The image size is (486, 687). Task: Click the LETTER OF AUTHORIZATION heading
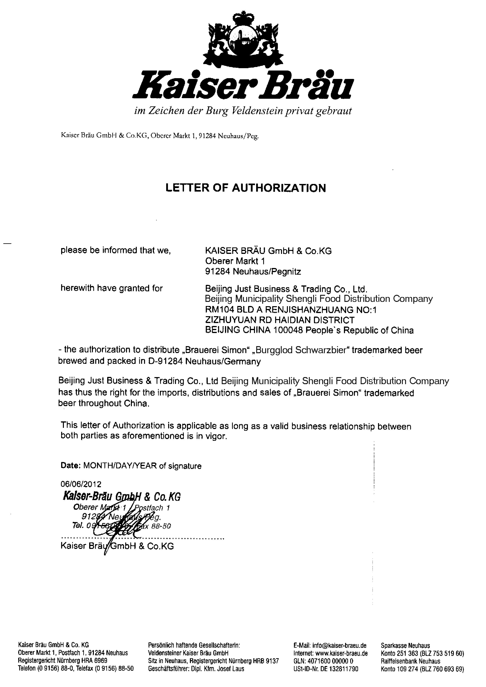point(246,188)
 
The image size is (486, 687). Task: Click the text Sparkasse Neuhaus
point(405,645)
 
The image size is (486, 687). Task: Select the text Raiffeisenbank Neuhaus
point(411,661)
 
